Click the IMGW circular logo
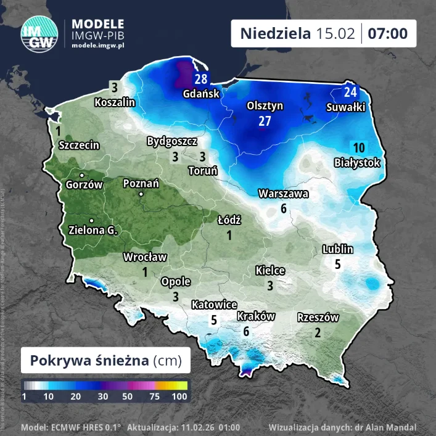(x=40, y=33)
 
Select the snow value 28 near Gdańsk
(x=201, y=79)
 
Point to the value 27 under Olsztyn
(x=265, y=121)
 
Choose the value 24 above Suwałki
(x=350, y=93)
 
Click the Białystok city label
(x=356, y=163)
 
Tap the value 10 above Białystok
(x=359, y=147)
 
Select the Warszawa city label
(x=284, y=194)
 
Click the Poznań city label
(x=141, y=183)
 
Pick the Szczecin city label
(x=79, y=145)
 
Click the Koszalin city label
(x=115, y=102)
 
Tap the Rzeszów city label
(x=318, y=318)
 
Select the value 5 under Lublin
(x=337, y=265)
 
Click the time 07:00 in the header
(x=388, y=33)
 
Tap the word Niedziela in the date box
(x=275, y=33)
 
